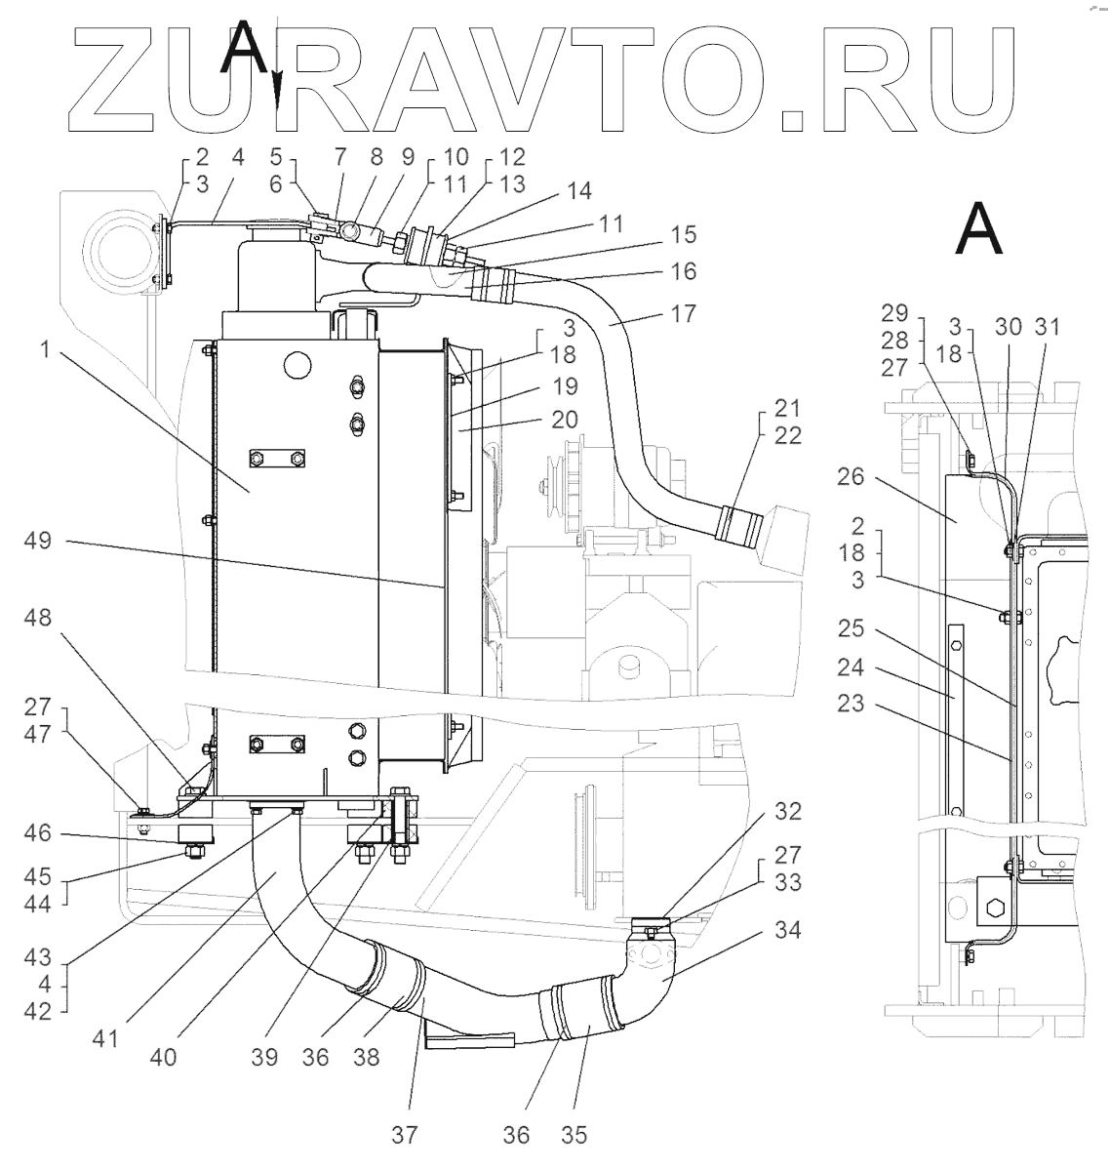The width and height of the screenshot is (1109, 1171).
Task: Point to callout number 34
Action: tap(787, 931)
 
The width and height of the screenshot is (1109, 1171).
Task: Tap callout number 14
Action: tap(579, 191)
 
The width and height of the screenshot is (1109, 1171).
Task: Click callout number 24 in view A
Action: tap(852, 669)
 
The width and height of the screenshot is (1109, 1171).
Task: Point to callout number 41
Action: tap(106, 1038)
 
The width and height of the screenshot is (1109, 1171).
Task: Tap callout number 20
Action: tap(564, 420)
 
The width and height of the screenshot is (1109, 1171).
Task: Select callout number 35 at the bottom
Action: tap(574, 1135)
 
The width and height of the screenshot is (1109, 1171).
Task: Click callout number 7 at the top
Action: tap(341, 156)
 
